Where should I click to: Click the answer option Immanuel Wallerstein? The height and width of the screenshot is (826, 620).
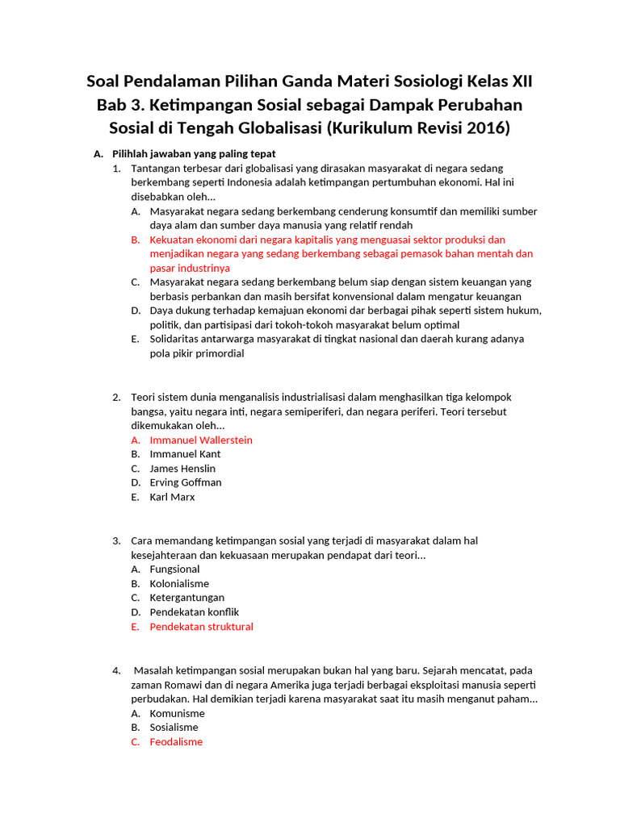(x=201, y=440)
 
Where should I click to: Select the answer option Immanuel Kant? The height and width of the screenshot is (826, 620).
(x=185, y=454)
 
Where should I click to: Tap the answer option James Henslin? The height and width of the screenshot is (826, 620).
(x=182, y=469)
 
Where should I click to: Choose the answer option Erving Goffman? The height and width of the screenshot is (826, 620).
(x=186, y=482)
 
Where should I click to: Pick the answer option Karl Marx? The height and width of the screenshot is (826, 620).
(x=172, y=497)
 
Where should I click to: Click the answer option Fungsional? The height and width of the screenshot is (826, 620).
(x=174, y=569)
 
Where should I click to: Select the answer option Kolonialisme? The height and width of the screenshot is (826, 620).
(x=179, y=583)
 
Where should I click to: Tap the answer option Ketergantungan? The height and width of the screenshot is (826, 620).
(x=187, y=598)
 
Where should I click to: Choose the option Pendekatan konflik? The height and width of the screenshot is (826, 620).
(x=195, y=612)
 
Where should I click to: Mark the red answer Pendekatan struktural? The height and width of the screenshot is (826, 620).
(x=202, y=627)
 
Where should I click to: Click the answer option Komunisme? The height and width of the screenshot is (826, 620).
(x=178, y=713)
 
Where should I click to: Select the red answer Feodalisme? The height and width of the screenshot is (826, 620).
(x=176, y=742)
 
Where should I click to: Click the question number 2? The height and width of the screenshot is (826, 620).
(x=116, y=397)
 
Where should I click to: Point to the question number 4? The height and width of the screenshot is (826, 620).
(x=116, y=670)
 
